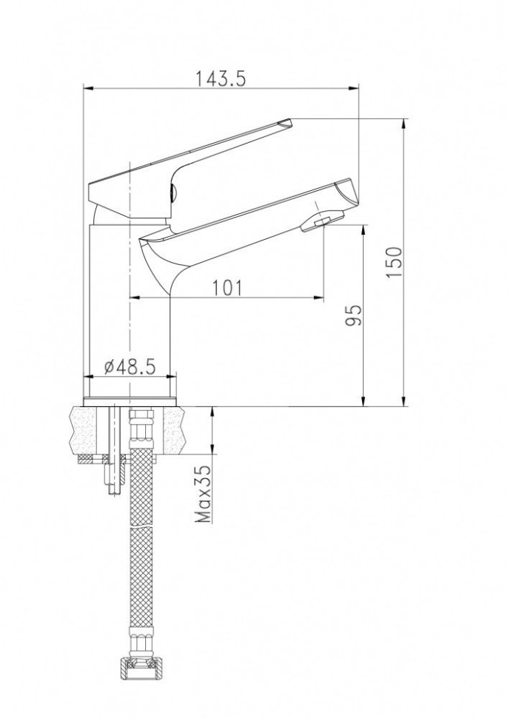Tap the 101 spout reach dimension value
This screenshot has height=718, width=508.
pyautogui.click(x=228, y=287)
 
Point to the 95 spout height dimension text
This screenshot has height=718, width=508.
pyautogui.click(x=353, y=315)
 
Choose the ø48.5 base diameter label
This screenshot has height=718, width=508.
pyautogui.click(x=130, y=366)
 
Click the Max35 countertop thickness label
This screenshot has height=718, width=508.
pyautogui.click(x=202, y=494)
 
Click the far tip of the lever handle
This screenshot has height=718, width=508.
pyautogui.click(x=289, y=122)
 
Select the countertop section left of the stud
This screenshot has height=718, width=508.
pyautogui.click(x=87, y=429)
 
